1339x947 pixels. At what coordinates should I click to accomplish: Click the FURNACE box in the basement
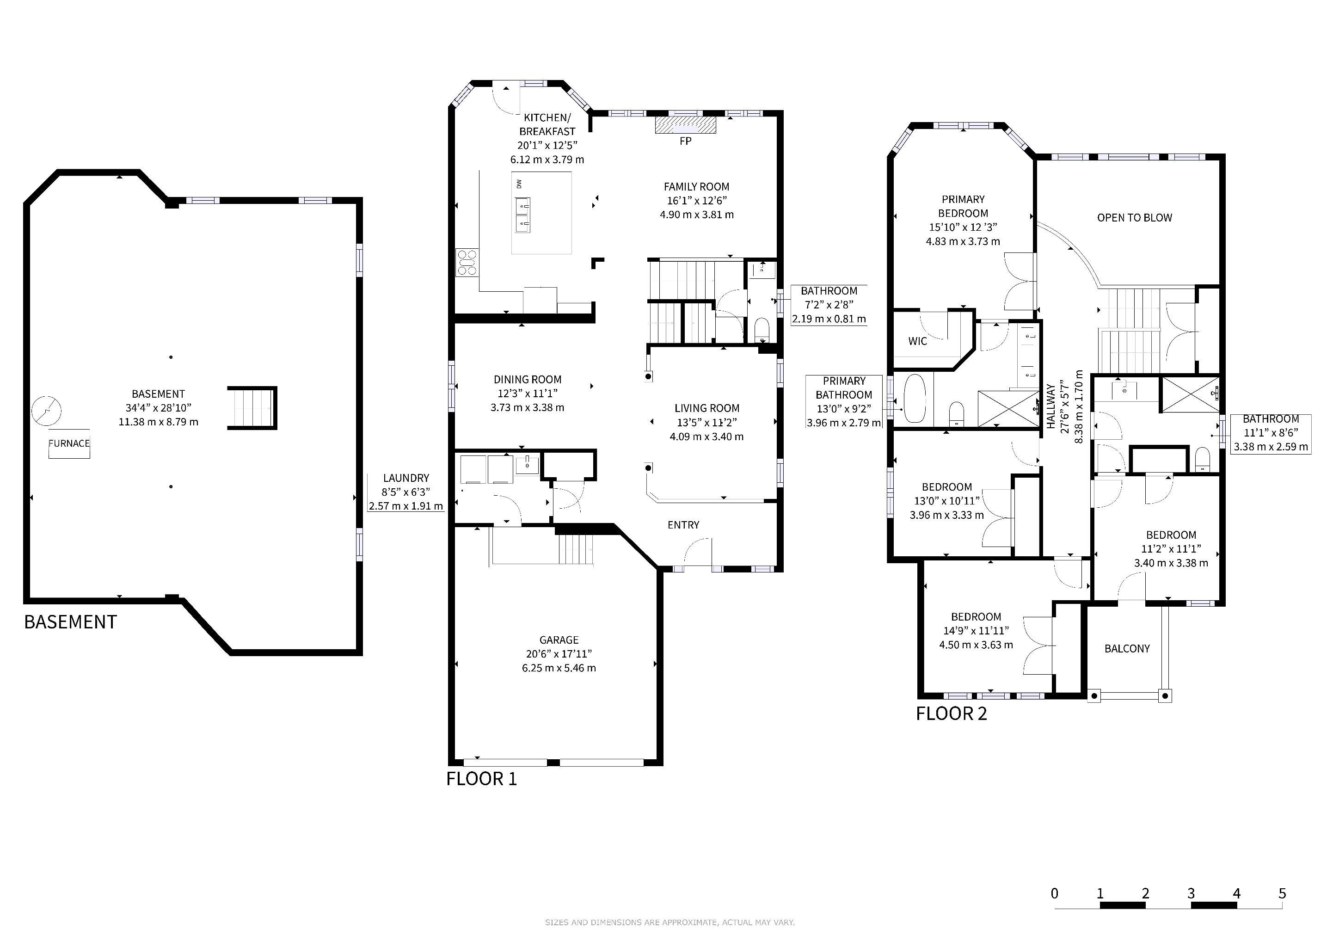point(69,444)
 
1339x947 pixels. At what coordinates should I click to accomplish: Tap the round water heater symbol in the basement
point(46,411)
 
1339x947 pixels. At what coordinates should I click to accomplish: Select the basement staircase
point(252,408)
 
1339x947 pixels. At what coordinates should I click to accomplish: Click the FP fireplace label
point(685,141)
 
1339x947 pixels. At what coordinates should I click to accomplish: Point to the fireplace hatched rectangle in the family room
point(685,125)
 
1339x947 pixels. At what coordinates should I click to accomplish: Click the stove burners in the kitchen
point(467,262)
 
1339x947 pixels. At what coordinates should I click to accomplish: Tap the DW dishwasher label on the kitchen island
point(518,184)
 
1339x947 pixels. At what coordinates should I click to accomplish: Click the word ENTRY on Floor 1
point(683,525)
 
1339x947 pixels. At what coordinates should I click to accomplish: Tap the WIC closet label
point(917,341)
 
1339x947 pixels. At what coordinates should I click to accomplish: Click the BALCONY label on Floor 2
point(1127,648)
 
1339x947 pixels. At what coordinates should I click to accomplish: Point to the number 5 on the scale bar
point(1282,893)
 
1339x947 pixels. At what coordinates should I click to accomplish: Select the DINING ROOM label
point(527,380)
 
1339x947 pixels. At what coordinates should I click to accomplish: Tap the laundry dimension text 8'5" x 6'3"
point(406,492)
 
